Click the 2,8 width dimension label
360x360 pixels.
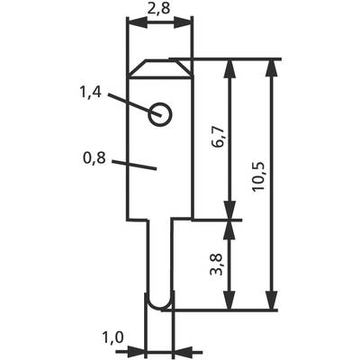158,9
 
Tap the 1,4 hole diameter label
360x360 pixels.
90,92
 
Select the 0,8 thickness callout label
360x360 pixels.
94,158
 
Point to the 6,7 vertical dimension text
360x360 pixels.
219,137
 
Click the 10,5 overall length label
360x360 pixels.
258,176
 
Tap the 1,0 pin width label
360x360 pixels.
113,337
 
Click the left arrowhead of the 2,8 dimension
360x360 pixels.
138,22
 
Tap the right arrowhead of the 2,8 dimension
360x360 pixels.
182,22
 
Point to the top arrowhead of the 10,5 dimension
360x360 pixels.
272,69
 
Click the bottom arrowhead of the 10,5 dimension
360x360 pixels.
272,300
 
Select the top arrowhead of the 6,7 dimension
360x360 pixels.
229,69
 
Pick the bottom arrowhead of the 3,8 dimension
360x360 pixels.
229,300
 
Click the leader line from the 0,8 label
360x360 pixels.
134,166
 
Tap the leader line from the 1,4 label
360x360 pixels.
135,105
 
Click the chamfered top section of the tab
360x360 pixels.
160,69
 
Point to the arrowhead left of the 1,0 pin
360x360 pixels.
136,351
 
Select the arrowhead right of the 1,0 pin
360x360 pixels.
184,351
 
